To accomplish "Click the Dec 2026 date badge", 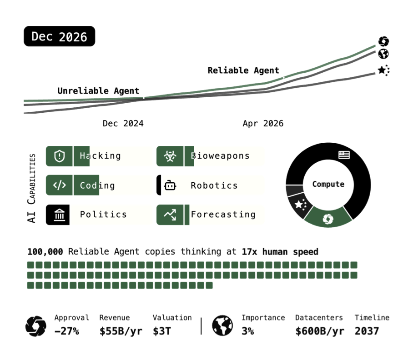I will pos(59,36).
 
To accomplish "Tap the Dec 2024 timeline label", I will pos(123,124).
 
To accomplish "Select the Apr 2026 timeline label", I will pos(263,124).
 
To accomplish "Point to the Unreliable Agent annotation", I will pos(98,91).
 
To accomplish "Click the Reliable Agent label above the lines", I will pos(243,70).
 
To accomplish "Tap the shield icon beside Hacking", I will pos(60,156).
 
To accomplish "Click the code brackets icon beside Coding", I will pos(60,185).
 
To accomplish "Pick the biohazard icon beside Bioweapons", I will pos(170,156).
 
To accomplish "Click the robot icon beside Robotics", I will pos(170,185).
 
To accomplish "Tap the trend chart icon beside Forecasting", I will pos(170,215).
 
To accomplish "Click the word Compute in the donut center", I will pos(328,184).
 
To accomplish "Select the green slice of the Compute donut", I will pos(328,218).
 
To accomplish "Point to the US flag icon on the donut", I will pos(344,155).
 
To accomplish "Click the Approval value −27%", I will pos(67,331).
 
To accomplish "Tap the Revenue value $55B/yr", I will pos(121,331).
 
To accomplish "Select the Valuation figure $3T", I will pos(162,331).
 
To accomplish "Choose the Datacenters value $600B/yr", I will pos(320,331).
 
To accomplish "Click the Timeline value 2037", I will pos(367,331).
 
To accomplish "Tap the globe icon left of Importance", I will pos(222,326).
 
